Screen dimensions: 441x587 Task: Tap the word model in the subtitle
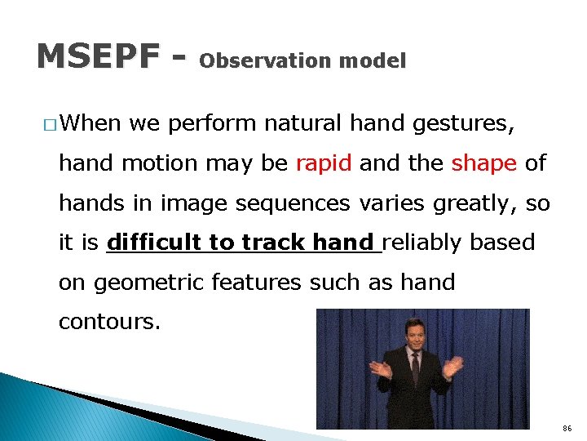(x=372, y=61)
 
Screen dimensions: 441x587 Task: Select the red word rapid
(x=323, y=163)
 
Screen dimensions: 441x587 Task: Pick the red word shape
(x=483, y=163)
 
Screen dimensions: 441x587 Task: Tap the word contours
(x=110, y=322)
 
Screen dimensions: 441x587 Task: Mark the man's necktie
(x=415, y=367)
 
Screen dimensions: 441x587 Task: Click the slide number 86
(x=567, y=428)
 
